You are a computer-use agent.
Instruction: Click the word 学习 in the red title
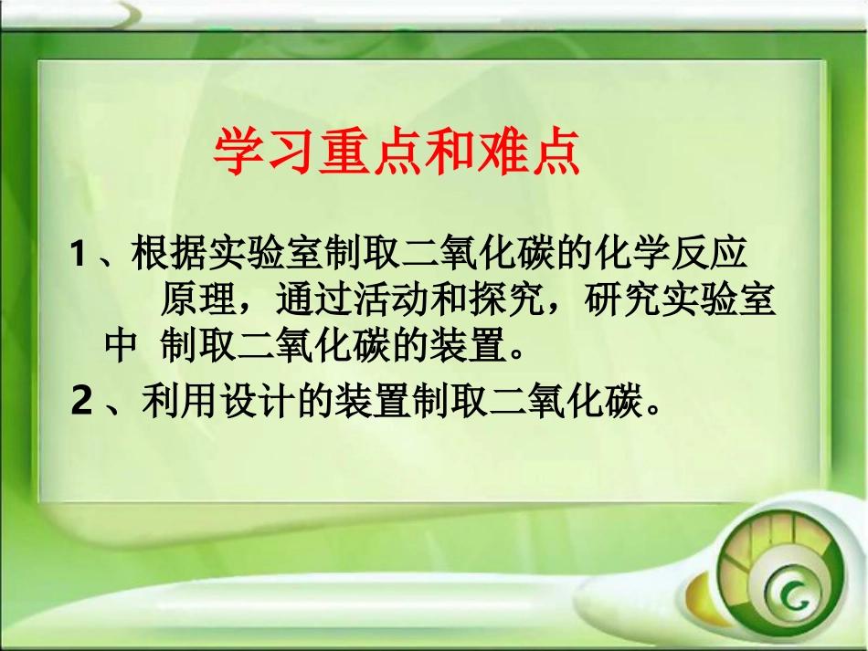263,152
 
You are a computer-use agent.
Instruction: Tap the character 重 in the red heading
343,152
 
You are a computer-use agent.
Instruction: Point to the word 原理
192,300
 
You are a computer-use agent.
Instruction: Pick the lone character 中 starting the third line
121,348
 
